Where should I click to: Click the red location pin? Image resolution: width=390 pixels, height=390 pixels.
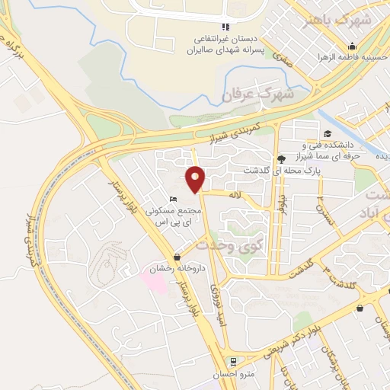(196, 179)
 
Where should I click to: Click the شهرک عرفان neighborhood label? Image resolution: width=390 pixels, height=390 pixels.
(247, 94)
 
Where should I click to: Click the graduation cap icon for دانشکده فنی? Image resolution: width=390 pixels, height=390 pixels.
(327, 134)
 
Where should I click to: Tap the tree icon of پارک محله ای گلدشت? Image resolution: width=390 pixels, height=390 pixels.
(281, 159)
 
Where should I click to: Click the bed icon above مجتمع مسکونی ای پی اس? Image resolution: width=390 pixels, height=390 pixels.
(173, 199)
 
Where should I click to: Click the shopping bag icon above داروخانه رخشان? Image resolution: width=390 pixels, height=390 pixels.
(177, 257)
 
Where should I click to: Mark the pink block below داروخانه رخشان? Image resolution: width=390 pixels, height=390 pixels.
(155, 280)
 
